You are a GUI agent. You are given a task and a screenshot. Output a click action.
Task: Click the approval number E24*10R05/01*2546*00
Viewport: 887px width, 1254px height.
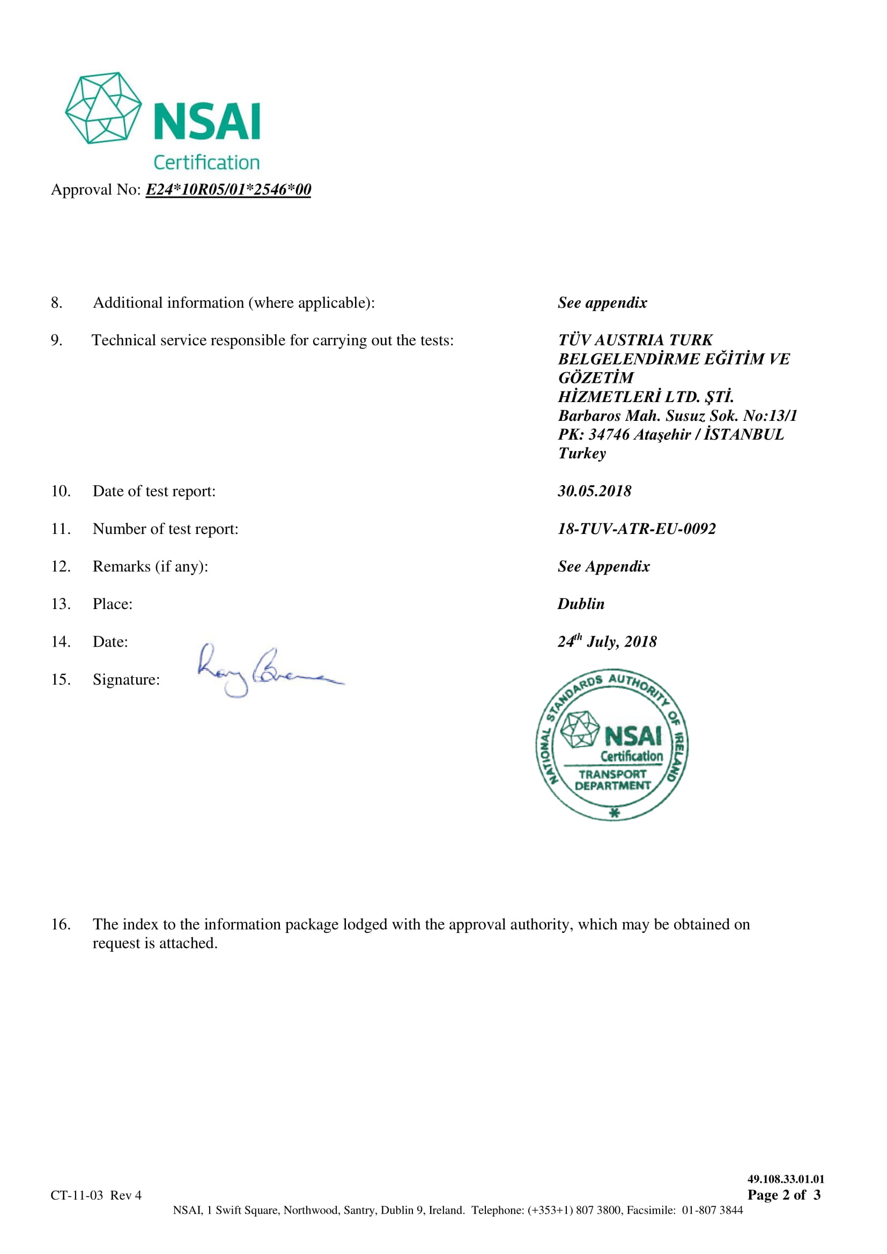tap(228, 189)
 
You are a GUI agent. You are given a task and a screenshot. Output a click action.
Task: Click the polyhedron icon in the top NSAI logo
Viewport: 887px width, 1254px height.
tap(103, 108)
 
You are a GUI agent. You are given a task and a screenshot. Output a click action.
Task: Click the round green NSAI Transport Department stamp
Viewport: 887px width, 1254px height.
tap(612, 745)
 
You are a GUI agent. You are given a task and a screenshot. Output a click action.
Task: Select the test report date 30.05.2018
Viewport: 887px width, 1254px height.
tap(594, 491)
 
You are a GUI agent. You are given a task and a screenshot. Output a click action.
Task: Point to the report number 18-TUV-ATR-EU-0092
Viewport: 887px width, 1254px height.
tap(637, 529)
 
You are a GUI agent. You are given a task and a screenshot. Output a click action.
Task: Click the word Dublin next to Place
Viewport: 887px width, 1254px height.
tap(581, 604)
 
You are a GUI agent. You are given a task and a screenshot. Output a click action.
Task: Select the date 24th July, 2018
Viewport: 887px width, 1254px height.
tap(607, 641)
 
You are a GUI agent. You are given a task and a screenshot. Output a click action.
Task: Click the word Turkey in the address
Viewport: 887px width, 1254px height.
tap(582, 454)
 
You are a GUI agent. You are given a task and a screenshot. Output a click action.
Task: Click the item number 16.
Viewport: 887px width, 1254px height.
tap(61, 924)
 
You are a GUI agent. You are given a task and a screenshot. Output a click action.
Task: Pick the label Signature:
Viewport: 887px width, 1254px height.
tap(126, 679)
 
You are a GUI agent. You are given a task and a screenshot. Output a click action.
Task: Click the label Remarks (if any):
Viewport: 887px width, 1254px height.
tap(150, 566)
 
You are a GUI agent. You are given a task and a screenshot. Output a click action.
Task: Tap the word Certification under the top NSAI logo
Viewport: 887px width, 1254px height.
tap(206, 163)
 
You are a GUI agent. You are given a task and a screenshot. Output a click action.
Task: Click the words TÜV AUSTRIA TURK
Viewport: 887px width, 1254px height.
tap(635, 340)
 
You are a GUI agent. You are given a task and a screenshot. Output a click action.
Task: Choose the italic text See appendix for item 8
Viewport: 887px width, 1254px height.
tap(602, 302)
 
